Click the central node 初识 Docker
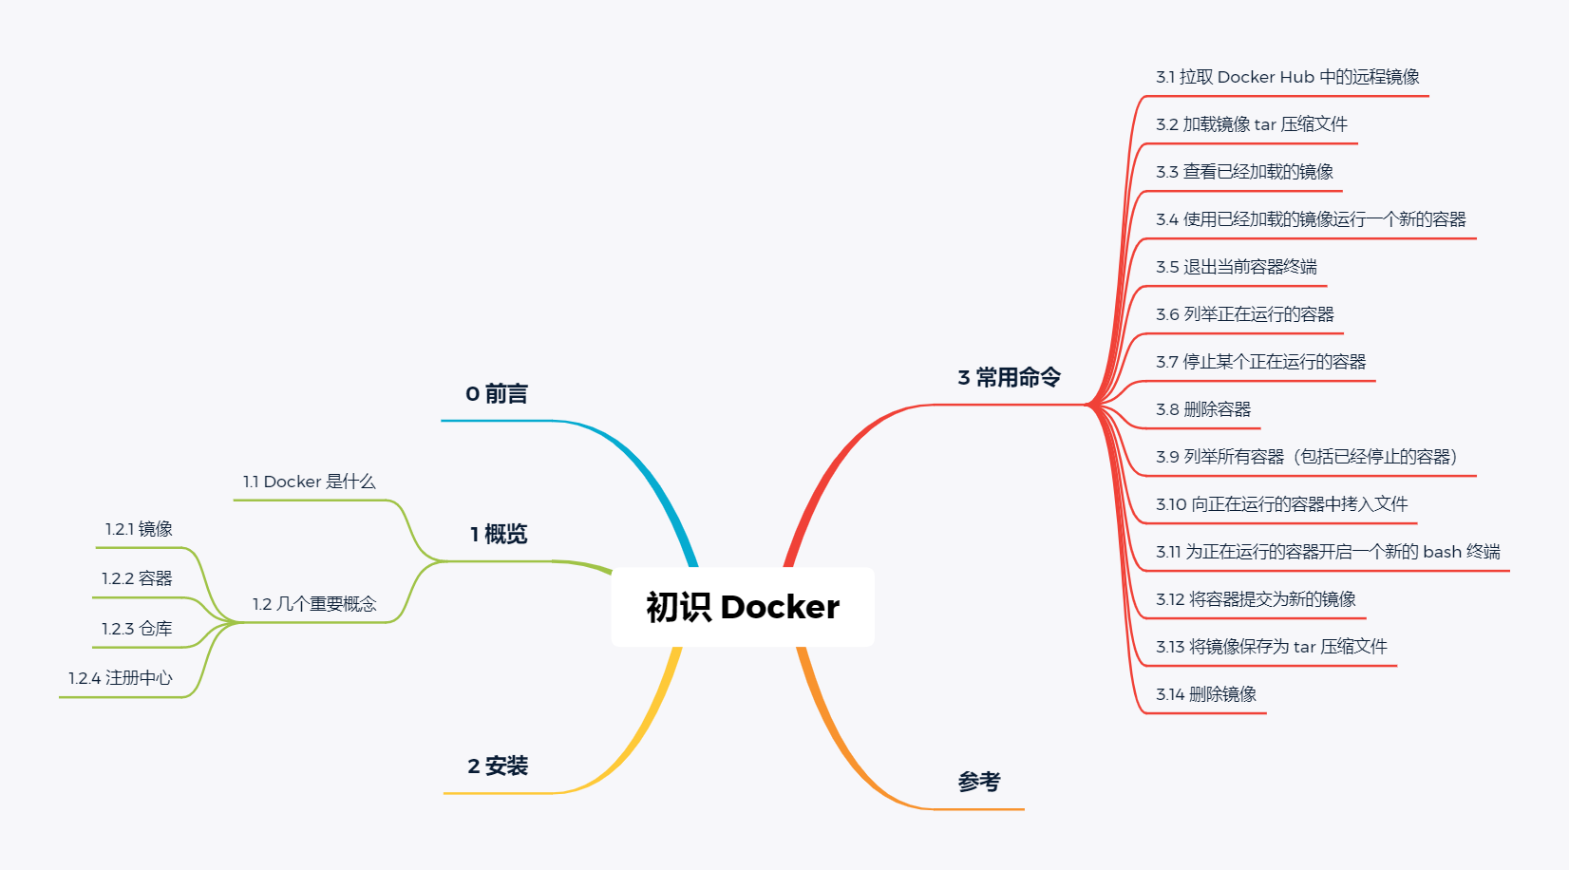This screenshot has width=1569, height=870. [743, 607]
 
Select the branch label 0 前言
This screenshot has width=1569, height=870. [497, 393]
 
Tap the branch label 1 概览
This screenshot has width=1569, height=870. [499, 534]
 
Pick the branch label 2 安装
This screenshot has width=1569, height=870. [498, 766]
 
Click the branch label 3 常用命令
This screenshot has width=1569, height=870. [1009, 377]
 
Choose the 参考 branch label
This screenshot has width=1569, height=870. [979, 782]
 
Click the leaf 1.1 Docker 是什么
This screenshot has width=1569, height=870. [309, 482]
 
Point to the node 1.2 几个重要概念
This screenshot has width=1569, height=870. [314, 604]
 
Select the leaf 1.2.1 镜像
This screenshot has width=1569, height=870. [139, 529]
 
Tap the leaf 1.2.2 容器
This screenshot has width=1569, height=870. [137, 578]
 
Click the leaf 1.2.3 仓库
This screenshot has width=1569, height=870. [137, 629]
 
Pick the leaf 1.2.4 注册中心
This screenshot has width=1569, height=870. [121, 678]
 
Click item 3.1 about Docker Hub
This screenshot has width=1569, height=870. [1287, 77]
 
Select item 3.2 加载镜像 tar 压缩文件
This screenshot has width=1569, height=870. [1251, 124]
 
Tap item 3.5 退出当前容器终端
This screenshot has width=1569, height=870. [1236, 267]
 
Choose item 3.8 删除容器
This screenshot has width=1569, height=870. [1203, 409]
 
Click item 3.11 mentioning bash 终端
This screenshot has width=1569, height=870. [1327, 552]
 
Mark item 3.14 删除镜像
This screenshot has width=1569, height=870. [1205, 694]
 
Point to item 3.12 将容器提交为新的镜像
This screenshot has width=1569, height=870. [1255, 599]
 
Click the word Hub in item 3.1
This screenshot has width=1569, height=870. [1297, 77]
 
